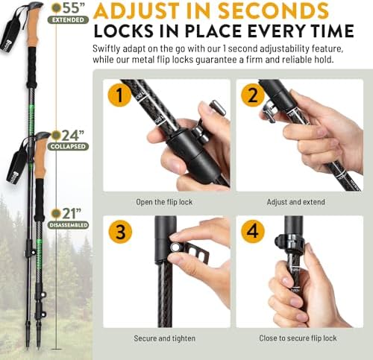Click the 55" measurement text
coord(72,8)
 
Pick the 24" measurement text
coord(72,136)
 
